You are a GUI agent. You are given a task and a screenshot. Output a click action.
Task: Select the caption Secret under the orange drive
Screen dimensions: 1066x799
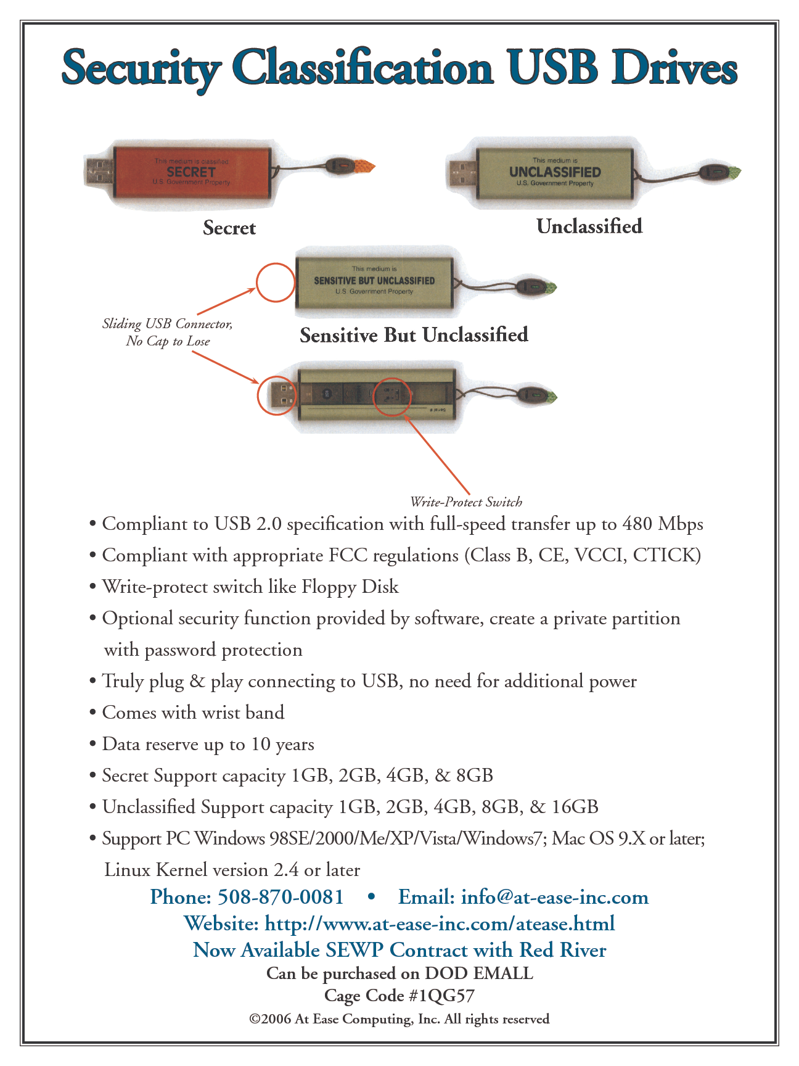229,228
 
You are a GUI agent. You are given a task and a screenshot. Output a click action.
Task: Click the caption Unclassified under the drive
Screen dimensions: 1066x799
589,226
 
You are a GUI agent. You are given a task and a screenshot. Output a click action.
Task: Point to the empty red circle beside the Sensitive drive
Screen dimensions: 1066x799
276,283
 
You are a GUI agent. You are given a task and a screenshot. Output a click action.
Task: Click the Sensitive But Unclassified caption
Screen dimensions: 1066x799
414,335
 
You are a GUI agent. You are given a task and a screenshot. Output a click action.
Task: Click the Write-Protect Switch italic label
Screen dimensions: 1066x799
466,502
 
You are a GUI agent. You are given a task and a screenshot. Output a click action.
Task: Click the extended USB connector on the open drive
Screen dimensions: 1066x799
277,395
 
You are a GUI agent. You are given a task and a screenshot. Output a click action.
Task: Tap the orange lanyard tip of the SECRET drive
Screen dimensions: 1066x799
365,166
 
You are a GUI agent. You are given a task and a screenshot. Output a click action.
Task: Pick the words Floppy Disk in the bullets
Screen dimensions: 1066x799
350,587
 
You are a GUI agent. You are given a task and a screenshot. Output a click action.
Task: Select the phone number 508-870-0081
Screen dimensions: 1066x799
281,896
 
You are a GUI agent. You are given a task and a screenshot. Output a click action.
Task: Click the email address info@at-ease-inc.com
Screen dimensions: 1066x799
554,896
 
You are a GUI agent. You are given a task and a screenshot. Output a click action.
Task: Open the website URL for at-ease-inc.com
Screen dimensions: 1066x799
439,923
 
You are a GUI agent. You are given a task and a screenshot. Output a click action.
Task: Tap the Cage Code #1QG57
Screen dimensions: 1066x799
399,996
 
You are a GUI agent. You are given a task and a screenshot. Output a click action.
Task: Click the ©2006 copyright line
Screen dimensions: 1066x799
399,1019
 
